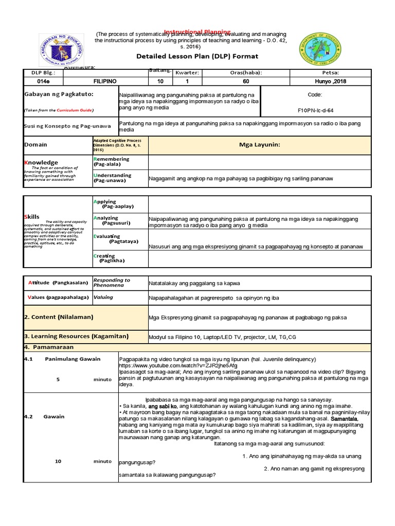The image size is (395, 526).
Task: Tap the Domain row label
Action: tap(36, 145)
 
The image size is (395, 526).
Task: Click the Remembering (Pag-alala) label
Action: tap(111, 162)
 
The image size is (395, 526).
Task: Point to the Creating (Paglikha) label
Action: tap(109, 258)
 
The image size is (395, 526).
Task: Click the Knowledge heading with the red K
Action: tap(42, 162)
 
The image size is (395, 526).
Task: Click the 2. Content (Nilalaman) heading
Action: tap(59, 317)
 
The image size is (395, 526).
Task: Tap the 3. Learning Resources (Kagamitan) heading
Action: tap(76, 336)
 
